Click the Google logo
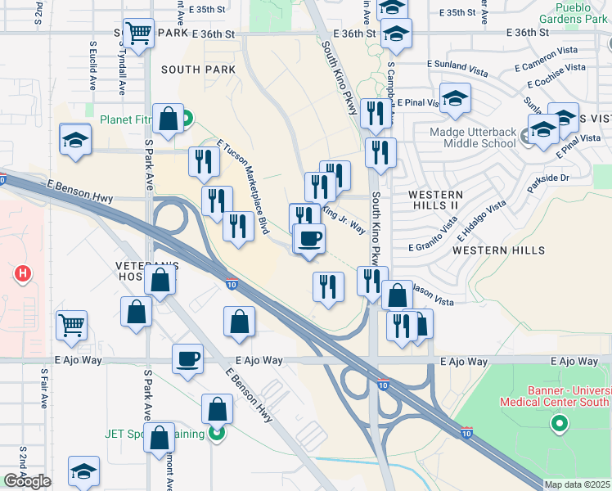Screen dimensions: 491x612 coord(27,481)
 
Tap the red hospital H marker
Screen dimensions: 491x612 coord(22,273)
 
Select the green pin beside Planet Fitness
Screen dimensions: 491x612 coord(187,119)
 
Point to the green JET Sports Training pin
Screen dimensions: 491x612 coord(217,433)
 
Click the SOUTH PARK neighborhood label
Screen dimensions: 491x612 coord(198,70)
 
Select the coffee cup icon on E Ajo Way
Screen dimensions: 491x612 coord(187,358)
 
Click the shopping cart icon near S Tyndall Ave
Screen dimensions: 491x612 coord(139,33)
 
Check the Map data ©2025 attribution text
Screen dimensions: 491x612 coord(578,484)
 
